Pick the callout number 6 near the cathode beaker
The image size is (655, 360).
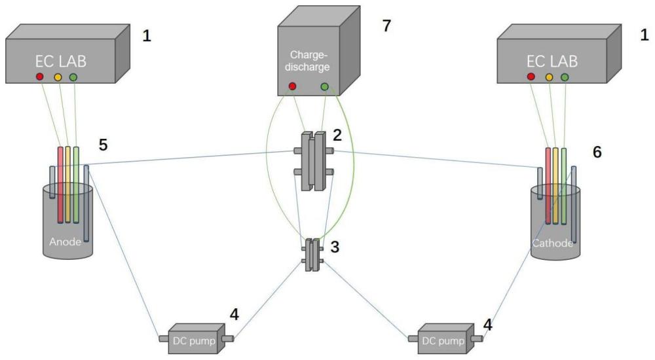597,151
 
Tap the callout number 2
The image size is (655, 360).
337,136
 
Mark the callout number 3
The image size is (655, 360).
335,247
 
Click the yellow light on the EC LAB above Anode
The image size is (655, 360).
58,77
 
